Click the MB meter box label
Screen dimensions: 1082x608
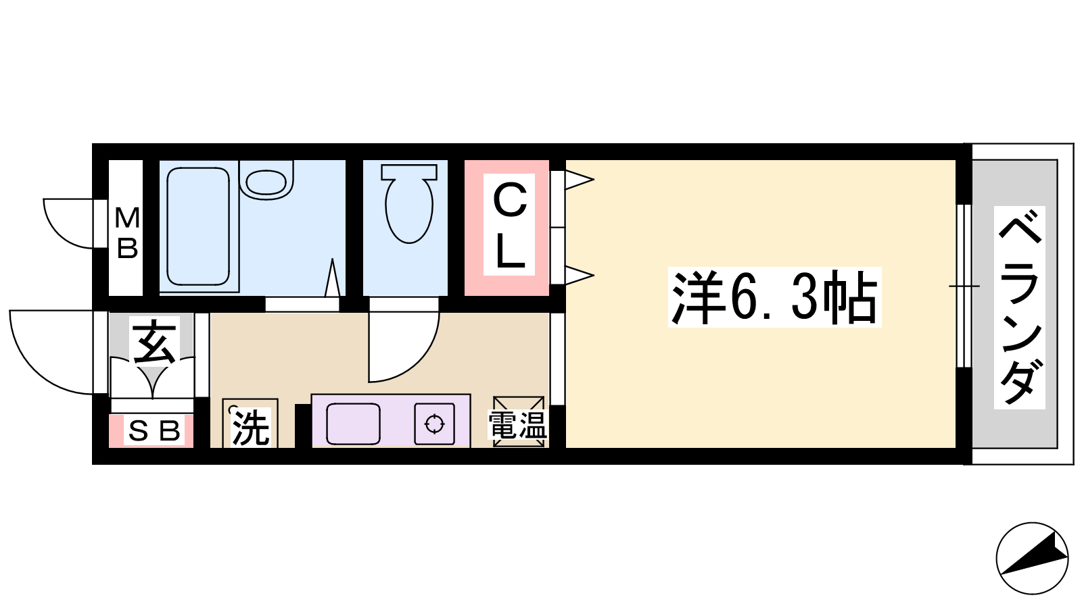(x=127, y=232)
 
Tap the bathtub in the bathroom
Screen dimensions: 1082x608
(x=198, y=226)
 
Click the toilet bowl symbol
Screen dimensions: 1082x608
(x=409, y=210)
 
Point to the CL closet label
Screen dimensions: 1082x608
(x=510, y=226)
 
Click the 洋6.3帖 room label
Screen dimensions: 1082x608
(x=775, y=297)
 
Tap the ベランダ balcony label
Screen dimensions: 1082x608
(x=1020, y=308)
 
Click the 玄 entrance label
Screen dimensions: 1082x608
(x=154, y=342)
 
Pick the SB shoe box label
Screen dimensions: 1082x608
(x=154, y=431)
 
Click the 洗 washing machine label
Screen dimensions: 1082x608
(x=250, y=428)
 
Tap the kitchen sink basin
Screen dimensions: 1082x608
(x=353, y=423)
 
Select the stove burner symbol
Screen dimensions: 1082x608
(x=434, y=424)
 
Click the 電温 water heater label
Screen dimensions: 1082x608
(x=517, y=425)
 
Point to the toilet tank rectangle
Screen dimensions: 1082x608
(x=409, y=172)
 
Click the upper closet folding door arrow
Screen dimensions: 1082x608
(x=579, y=180)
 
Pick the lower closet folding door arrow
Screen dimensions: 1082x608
(x=579, y=276)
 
